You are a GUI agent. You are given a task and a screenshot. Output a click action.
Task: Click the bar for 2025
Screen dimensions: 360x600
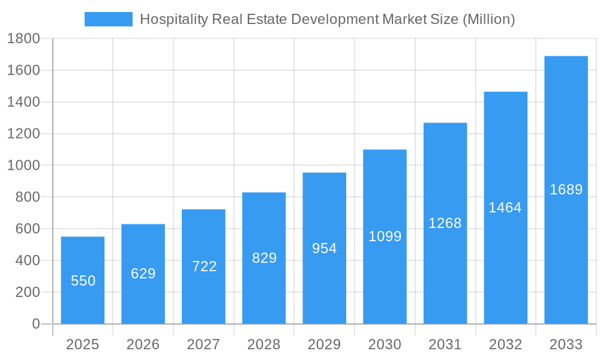pyautogui.click(x=83, y=280)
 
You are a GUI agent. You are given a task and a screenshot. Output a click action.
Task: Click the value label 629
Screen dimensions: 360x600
pyautogui.click(x=143, y=274)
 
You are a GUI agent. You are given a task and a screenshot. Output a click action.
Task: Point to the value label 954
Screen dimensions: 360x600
pyautogui.click(x=325, y=248)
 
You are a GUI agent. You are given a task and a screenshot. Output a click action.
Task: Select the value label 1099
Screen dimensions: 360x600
pyautogui.click(x=385, y=236)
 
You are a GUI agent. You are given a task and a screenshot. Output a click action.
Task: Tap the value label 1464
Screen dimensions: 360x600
pyautogui.click(x=505, y=208)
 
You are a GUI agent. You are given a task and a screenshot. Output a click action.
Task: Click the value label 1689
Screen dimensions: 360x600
pyautogui.click(x=566, y=190)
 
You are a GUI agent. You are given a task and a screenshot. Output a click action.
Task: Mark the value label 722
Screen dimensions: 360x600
pyautogui.click(x=204, y=266)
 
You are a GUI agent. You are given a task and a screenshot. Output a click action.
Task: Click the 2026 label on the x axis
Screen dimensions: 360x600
pyautogui.click(x=143, y=344)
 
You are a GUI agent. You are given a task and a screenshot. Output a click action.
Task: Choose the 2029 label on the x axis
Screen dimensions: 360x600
pyautogui.click(x=325, y=344)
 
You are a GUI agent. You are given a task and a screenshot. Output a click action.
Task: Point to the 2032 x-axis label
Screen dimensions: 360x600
pyautogui.click(x=505, y=344)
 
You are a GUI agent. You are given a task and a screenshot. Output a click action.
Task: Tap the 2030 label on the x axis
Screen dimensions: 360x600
pyautogui.click(x=385, y=344)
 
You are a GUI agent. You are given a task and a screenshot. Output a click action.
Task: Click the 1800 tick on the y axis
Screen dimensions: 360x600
pyautogui.click(x=23, y=39)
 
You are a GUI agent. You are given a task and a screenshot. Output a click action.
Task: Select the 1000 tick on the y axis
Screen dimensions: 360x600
pyautogui.click(x=23, y=166)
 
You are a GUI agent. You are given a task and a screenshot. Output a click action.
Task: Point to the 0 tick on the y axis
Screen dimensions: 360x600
pyautogui.click(x=35, y=324)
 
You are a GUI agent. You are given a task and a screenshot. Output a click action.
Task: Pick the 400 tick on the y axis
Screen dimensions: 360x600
pyautogui.click(x=27, y=260)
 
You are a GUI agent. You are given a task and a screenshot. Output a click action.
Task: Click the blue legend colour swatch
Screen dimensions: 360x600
pyautogui.click(x=109, y=19)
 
